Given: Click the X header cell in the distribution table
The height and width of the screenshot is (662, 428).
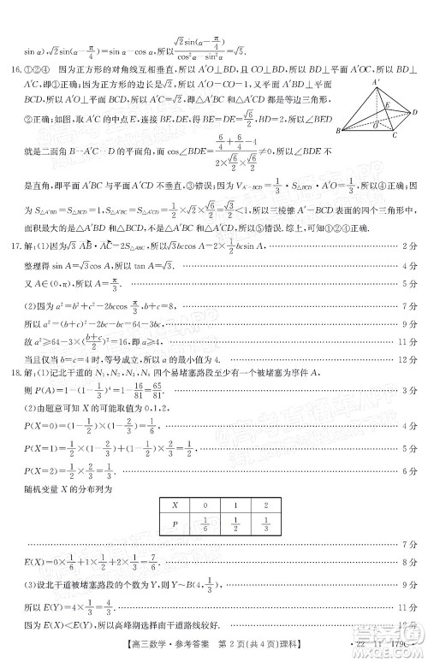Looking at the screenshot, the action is tap(175, 505).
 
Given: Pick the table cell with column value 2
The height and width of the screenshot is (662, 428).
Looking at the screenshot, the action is tap(267, 505).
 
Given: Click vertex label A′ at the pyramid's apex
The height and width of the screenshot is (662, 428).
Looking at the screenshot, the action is tap(375, 82).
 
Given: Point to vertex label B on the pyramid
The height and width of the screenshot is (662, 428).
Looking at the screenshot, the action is tap(338, 131).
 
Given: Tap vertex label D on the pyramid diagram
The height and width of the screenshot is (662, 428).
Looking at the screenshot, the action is tap(415, 112).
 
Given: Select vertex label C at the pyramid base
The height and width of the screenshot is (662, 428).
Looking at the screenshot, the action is tap(394, 135).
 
